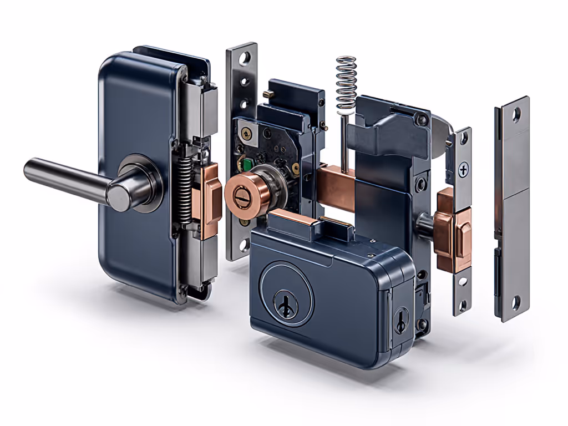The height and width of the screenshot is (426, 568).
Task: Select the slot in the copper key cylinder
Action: pos(242,195)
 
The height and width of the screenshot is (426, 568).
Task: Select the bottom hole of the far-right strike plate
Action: pos(515,303)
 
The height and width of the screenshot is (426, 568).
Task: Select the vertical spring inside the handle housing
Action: pos(186,189)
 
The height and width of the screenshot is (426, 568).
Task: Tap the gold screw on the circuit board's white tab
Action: pos(244,131)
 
